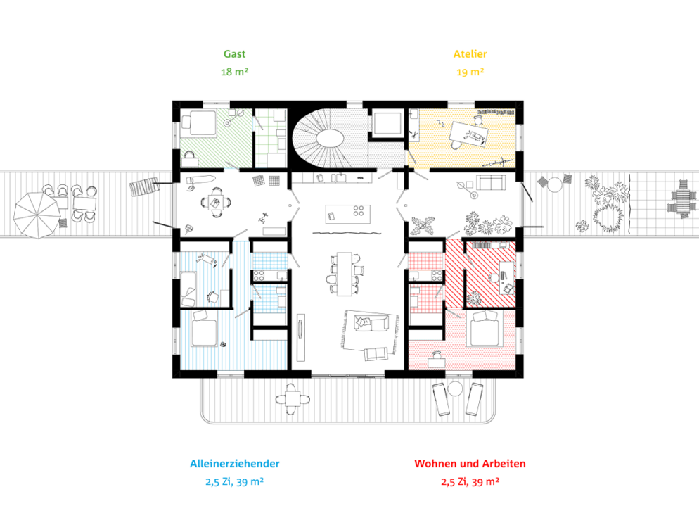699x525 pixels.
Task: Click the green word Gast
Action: pyautogui.click(x=234, y=54)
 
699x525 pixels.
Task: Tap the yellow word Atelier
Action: pyautogui.click(x=470, y=54)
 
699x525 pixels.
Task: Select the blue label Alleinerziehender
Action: pyautogui.click(x=234, y=464)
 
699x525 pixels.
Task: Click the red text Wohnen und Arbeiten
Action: pyautogui.click(x=470, y=464)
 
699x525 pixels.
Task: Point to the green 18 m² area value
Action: pyautogui.click(x=234, y=72)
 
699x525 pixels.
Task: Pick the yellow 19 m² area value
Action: pyautogui.click(x=470, y=72)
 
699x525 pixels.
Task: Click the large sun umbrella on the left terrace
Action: pyautogui.click(x=37, y=215)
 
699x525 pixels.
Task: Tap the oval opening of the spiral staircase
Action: pyautogui.click(x=330, y=137)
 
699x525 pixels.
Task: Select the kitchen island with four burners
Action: pyautogui.click(x=347, y=214)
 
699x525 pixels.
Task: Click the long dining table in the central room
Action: pyautogui.click(x=344, y=274)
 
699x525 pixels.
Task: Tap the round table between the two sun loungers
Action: pyautogui.click(x=455, y=388)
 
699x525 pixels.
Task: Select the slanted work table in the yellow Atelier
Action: pyautogui.click(x=468, y=134)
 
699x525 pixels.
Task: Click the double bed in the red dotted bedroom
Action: pyautogui.click(x=485, y=329)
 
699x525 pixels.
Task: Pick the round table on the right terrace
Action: pyautogui.click(x=555, y=184)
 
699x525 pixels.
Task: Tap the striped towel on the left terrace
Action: pyautogui.click(x=144, y=187)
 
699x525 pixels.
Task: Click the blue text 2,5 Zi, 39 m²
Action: pyautogui.click(x=234, y=482)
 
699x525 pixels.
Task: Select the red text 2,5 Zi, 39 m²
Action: pyautogui.click(x=470, y=482)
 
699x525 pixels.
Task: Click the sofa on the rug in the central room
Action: pyautogui.click(x=370, y=323)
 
